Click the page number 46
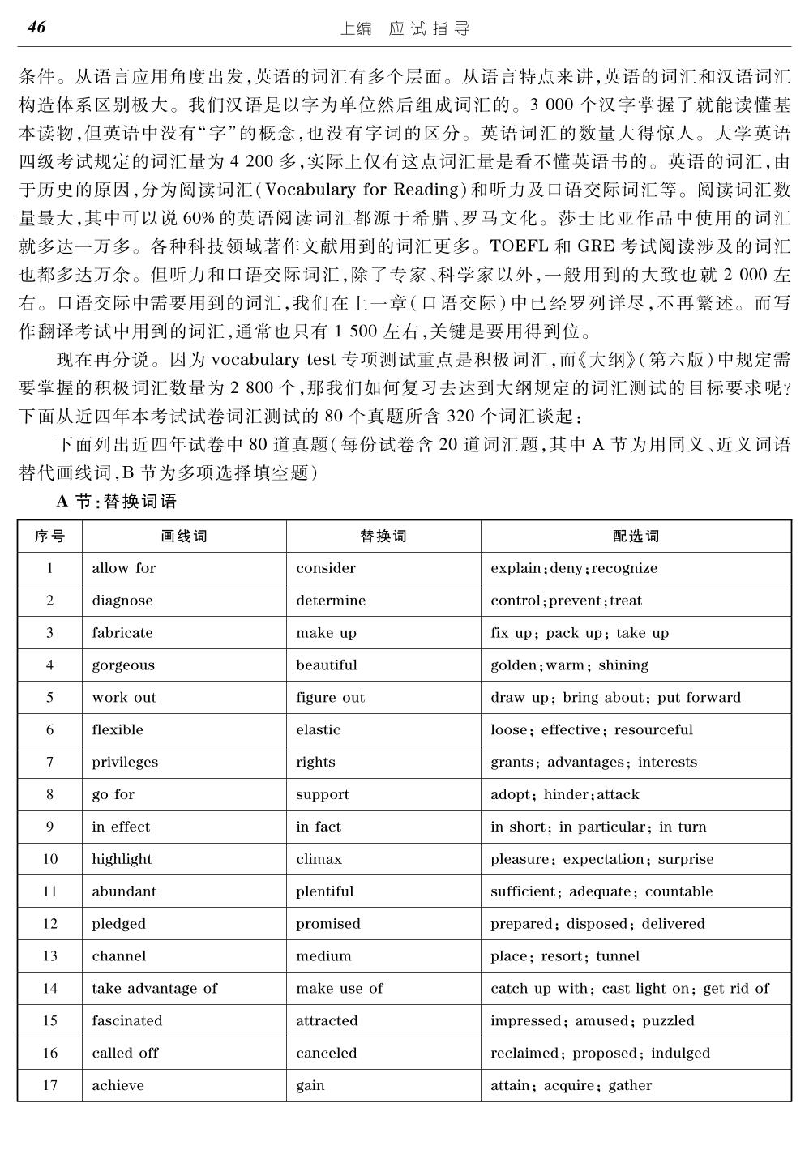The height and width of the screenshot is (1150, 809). tap(36, 28)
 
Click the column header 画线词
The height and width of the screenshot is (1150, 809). tap(184, 537)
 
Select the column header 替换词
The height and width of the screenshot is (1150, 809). tap(383, 537)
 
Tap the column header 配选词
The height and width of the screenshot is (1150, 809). tap(636, 537)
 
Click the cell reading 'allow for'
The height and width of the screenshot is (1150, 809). tap(123, 568)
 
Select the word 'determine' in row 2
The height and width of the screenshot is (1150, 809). tap(331, 601)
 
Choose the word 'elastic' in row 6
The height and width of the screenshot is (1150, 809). tap(318, 729)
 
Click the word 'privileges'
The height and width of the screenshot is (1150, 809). tap(125, 762)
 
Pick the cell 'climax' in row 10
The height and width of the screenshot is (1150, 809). tap(319, 859)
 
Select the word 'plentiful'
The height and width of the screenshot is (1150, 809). tap(324, 891)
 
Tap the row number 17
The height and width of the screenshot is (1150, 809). tap(50, 1085)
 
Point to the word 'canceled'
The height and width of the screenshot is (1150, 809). tap(326, 1053)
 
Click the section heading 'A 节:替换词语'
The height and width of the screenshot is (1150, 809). tap(117, 502)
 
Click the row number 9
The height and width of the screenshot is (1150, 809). tap(50, 827)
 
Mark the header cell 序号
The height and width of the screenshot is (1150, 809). tap(50, 537)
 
